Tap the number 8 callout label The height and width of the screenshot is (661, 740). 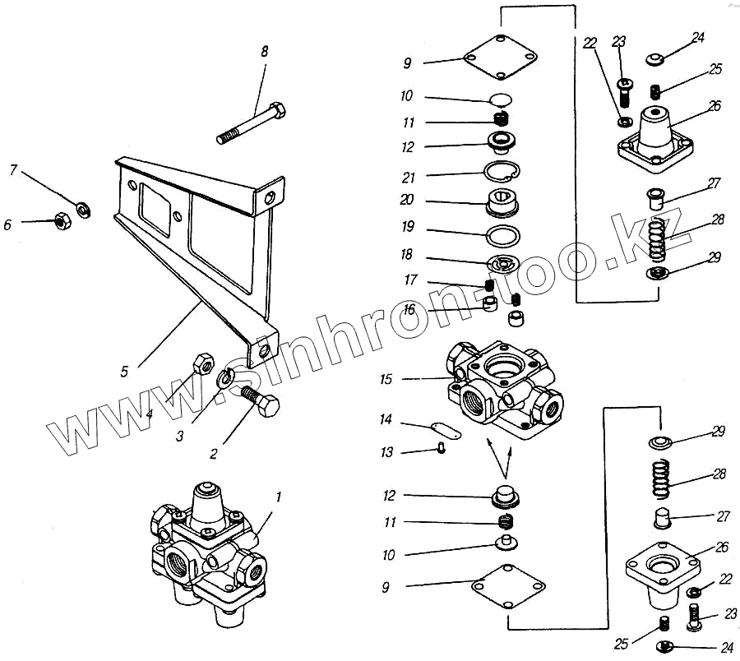pyautogui.click(x=264, y=51)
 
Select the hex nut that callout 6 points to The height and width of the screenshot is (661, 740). pyautogui.click(x=59, y=220)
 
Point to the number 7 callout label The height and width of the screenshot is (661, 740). pyautogui.click(x=13, y=171)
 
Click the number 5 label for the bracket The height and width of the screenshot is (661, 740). pyautogui.click(x=124, y=372)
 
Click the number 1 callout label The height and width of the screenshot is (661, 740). pyautogui.click(x=279, y=497)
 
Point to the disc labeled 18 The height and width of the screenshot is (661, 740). pyautogui.click(x=502, y=264)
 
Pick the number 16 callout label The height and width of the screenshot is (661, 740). pyautogui.click(x=409, y=309)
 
